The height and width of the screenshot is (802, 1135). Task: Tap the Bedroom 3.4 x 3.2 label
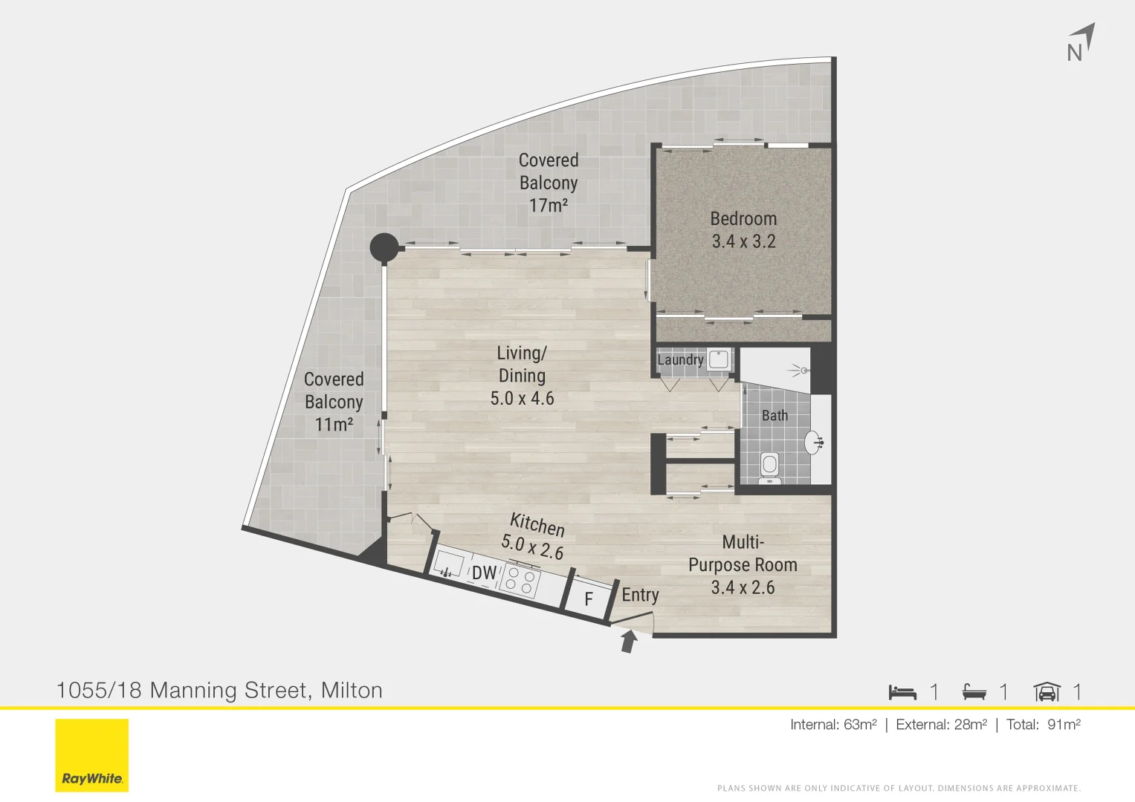click(x=743, y=230)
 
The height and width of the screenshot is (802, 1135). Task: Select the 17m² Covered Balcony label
click(x=549, y=183)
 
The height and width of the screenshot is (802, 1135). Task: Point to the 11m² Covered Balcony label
click(x=334, y=402)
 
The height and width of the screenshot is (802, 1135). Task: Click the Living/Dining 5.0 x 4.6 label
click(x=522, y=376)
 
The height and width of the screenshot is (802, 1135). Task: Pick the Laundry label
click(x=680, y=360)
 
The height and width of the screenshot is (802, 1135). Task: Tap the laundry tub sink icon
click(x=719, y=360)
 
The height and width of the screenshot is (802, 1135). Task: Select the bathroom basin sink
click(x=814, y=443)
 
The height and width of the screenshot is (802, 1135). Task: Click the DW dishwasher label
click(x=484, y=573)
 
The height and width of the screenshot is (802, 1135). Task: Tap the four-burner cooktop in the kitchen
click(x=520, y=581)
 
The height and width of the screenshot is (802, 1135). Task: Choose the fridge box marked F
click(x=589, y=599)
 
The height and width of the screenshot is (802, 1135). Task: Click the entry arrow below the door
click(x=629, y=641)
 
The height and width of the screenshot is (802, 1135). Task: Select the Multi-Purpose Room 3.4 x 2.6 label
click(x=743, y=565)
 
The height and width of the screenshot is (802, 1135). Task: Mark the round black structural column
click(x=384, y=247)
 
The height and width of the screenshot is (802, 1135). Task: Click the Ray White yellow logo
click(x=92, y=755)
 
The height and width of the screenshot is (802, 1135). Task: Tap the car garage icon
click(x=1047, y=692)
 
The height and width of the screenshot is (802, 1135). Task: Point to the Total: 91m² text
click(x=1043, y=725)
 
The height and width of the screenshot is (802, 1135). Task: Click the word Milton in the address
click(x=352, y=691)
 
